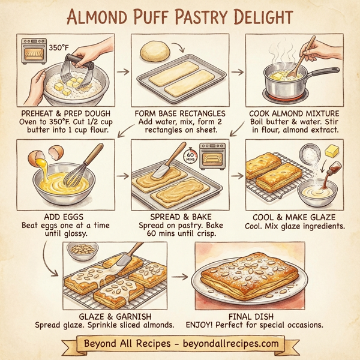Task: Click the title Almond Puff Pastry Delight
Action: pyautogui.click(x=180, y=16)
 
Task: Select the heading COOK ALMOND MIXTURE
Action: pyautogui.click(x=295, y=112)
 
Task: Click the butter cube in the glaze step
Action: pyautogui.click(x=332, y=148)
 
